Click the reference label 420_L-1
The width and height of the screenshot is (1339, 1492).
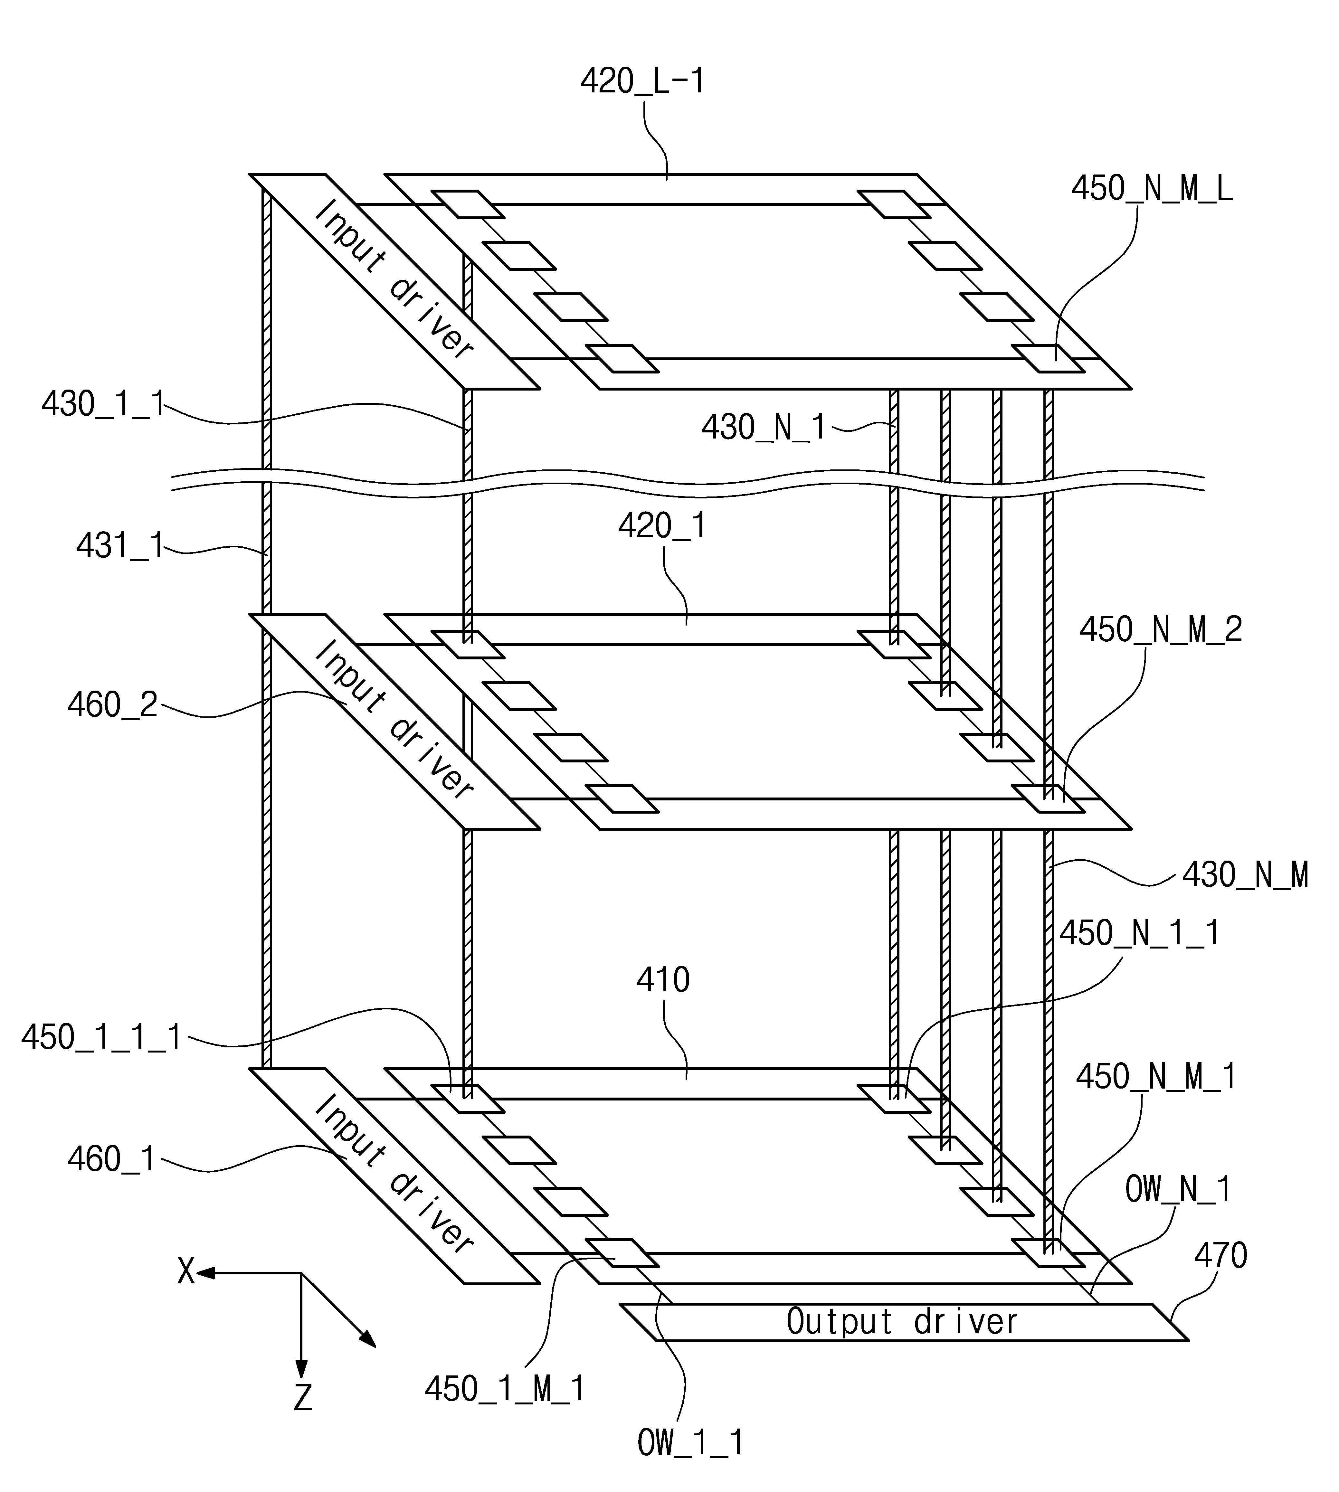click(x=642, y=81)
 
